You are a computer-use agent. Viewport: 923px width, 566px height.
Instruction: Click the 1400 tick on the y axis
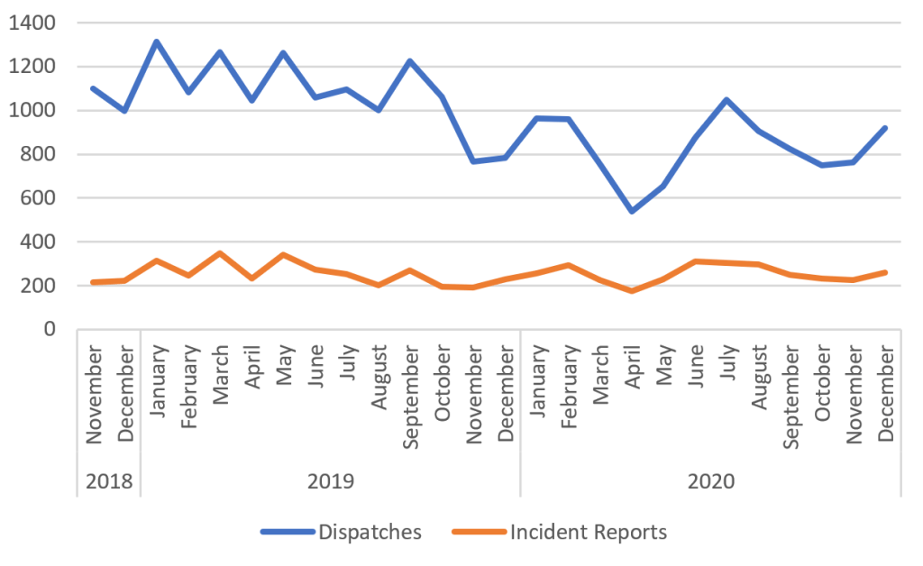point(32,23)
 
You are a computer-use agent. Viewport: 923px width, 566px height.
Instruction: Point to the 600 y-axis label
point(39,198)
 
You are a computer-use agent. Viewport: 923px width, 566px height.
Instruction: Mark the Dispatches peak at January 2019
point(157,41)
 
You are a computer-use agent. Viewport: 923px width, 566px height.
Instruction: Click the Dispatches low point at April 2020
point(632,211)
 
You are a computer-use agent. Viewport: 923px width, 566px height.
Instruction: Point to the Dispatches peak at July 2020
point(727,99)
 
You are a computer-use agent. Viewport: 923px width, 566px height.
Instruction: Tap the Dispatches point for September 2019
point(410,61)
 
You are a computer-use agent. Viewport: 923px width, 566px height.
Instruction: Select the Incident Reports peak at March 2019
point(220,253)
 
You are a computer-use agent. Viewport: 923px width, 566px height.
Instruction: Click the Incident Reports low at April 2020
point(632,291)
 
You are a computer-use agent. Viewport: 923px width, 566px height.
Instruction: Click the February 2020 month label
point(568,397)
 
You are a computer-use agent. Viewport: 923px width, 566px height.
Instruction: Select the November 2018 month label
point(94,396)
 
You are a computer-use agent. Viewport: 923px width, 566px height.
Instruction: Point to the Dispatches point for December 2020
point(885,128)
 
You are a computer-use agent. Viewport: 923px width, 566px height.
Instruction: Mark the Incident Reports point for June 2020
point(695,261)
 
